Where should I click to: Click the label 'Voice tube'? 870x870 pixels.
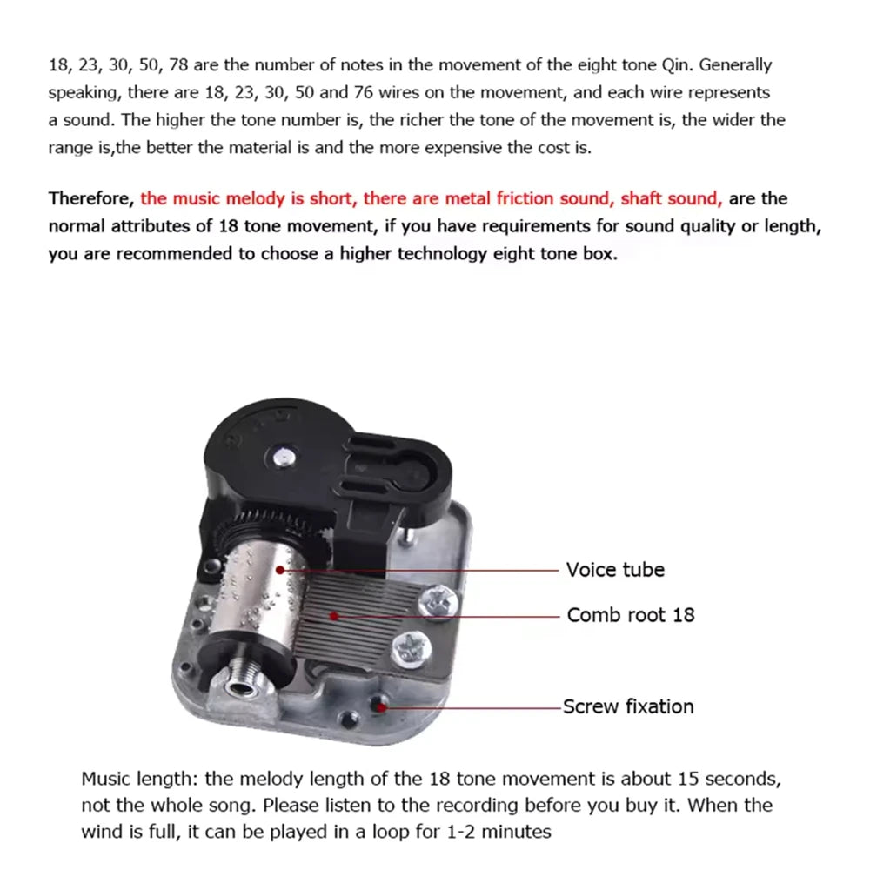[615, 570]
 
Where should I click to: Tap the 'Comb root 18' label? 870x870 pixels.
[631, 615]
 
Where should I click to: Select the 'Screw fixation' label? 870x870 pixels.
[628, 706]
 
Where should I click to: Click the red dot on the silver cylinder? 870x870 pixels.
[279, 570]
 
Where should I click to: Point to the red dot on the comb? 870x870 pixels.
[333, 615]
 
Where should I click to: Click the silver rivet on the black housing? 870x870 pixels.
[283, 454]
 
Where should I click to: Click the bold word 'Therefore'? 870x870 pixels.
[90, 198]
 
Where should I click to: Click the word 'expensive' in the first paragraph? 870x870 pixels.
[439, 147]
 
